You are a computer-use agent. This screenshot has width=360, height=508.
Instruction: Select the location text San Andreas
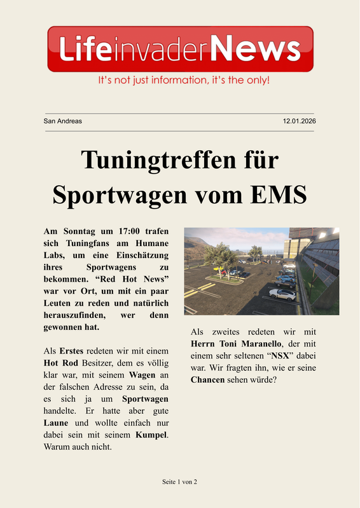pos(62,121)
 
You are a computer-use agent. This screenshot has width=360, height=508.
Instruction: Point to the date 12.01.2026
pos(299,121)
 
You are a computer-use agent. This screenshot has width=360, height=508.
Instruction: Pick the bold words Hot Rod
pos(61,362)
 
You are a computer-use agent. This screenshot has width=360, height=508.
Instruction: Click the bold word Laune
pos(56,423)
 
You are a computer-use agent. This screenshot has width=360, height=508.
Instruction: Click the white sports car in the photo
pos(282,294)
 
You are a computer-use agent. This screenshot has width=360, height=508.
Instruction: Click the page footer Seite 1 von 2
pos(180,482)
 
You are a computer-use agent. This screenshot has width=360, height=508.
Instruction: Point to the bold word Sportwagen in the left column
pos(145,399)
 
